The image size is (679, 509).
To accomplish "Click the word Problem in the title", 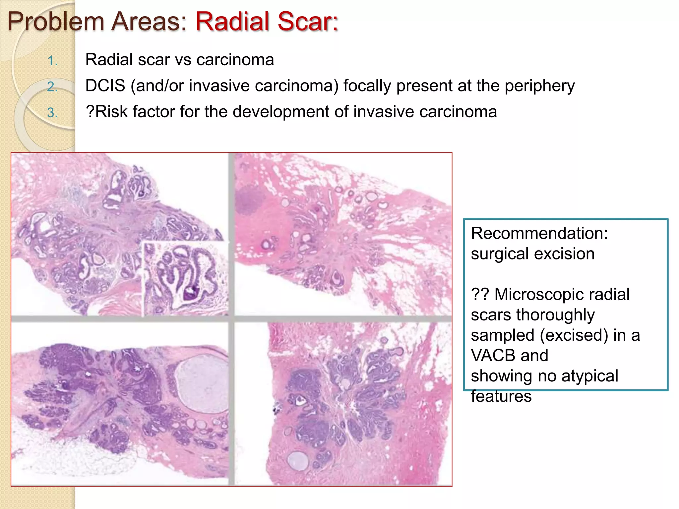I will [x=56, y=22].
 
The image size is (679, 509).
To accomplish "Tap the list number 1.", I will [x=52, y=61].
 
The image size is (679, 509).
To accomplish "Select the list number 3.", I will [x=52, y=113].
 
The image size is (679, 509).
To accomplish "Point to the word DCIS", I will [x=105, y=86].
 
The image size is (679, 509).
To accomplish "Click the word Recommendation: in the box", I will [x=539, y=233].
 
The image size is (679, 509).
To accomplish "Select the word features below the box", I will [x=501, y=396].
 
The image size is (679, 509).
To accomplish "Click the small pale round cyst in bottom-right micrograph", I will [x=297, y=460].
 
